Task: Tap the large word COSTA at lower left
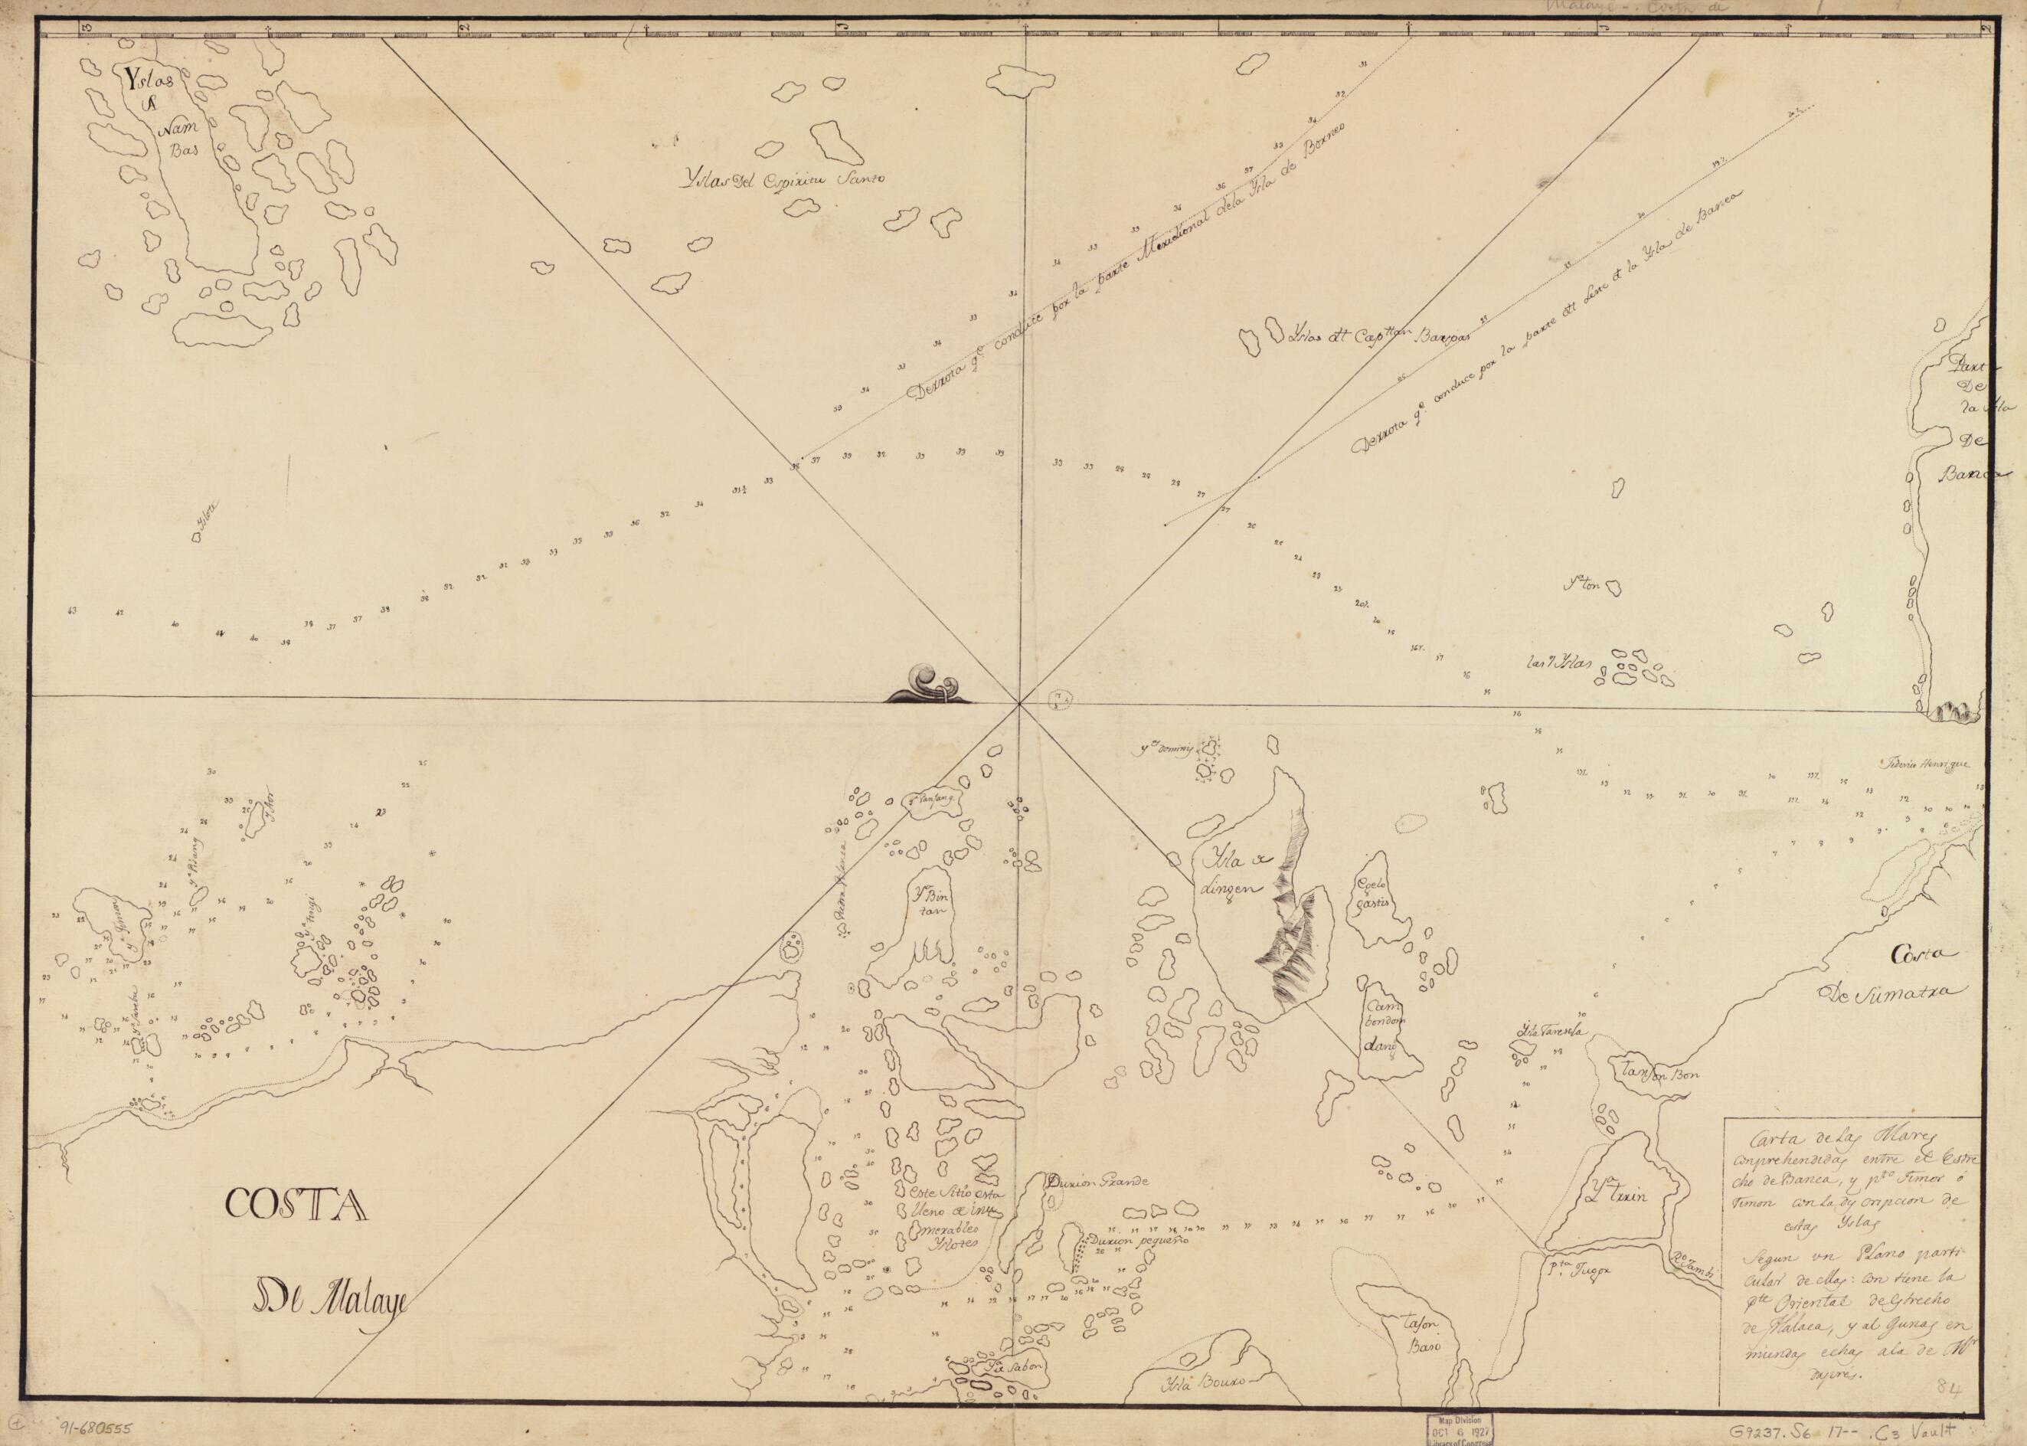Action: point(296,1206)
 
